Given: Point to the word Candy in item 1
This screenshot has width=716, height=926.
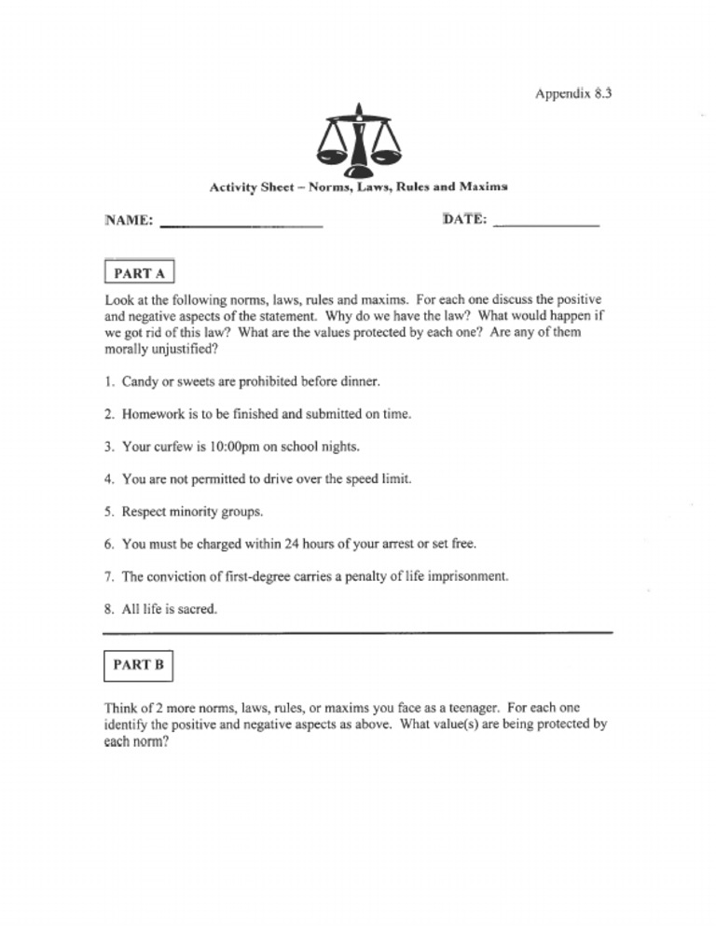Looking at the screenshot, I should [x=140, y=381].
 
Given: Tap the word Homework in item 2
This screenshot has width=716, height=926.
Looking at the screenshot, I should [x=156, y=414].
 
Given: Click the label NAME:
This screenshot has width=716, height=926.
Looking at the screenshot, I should [x=130, y=221].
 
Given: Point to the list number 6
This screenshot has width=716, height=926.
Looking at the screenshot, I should [x=109, y=544].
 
